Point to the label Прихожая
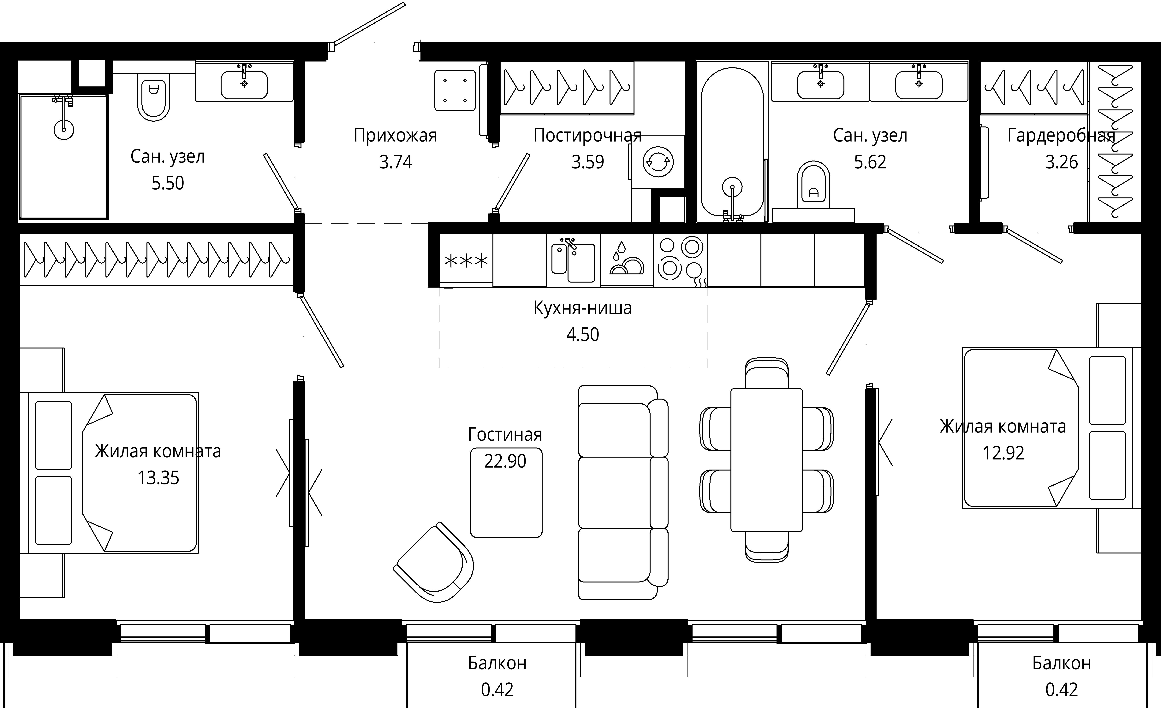click(x=395, y=136)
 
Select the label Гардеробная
click(x=1061, y=136)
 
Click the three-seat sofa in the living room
click(x=623, y=492)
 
